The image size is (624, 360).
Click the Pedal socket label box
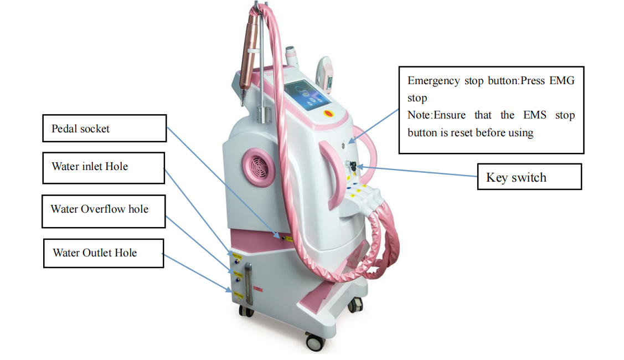[x=104, y=128]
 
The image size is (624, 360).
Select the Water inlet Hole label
[x=104, y=167]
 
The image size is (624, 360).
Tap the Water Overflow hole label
[x=104, y=210]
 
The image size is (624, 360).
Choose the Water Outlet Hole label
[x=104, y=253]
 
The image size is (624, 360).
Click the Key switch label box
[x=529, y=177]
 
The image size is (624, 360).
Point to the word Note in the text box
[x=419, y=115]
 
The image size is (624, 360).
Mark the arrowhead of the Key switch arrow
[x=359, y=166]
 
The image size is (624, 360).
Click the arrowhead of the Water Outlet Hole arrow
[x=229, y=290]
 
